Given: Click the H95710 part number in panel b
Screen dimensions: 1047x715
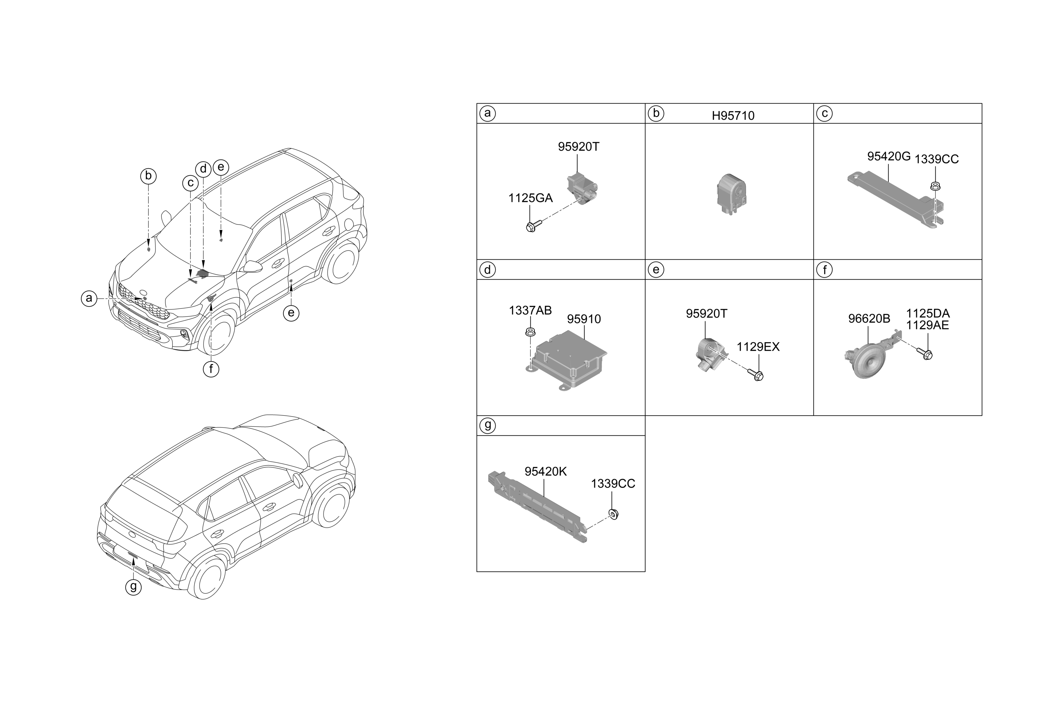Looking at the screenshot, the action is [733, 116].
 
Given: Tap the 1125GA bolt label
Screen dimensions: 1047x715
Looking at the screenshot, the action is [530, 198].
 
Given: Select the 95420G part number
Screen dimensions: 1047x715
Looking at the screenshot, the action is [889, 157].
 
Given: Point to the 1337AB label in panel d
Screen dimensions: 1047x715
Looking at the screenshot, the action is [530, 310].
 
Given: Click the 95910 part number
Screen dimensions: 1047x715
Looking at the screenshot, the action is [584, 319].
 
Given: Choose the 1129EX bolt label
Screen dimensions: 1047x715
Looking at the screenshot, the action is [758, 347].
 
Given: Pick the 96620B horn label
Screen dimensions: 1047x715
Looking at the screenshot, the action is [869, 319].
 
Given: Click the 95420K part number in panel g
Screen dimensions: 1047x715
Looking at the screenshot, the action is [546, 471].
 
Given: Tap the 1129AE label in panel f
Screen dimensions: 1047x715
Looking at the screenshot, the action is [928, 325].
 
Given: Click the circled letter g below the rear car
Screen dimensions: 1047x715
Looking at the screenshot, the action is [133, 586].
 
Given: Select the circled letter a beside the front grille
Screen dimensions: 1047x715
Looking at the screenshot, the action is [89, 298].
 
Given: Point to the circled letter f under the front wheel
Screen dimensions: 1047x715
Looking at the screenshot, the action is [211, 369].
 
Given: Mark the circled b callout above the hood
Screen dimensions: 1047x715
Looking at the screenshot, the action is [148, 176].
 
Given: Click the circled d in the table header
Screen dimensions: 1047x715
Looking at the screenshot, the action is [487, 270].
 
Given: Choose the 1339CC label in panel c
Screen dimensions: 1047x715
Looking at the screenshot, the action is [937, 159].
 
